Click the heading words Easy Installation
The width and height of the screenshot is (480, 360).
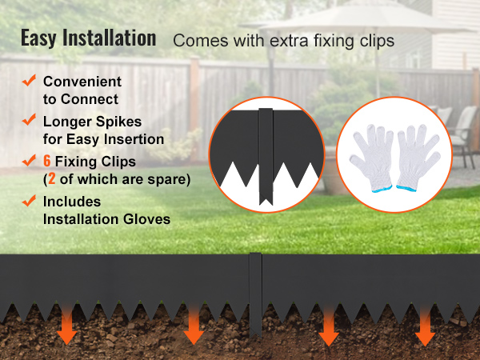click(89, 38)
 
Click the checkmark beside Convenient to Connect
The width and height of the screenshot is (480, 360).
click(29, 80)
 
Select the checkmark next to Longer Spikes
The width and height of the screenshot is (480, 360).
click(29, 119)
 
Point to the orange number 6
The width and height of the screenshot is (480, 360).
click(47, 161)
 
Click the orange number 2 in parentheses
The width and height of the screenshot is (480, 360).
click(52, 178)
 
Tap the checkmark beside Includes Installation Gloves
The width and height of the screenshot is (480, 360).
click(29, 201)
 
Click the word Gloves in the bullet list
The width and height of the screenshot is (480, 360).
click(146, 219)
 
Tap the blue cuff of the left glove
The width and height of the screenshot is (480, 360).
click(382, 189)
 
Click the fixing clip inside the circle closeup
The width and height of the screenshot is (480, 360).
click(266, 156)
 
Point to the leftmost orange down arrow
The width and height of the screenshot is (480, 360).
click(66, 325)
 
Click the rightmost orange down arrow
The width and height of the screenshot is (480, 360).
click(425, 326)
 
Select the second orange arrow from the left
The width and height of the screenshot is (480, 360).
click(194, 325)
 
